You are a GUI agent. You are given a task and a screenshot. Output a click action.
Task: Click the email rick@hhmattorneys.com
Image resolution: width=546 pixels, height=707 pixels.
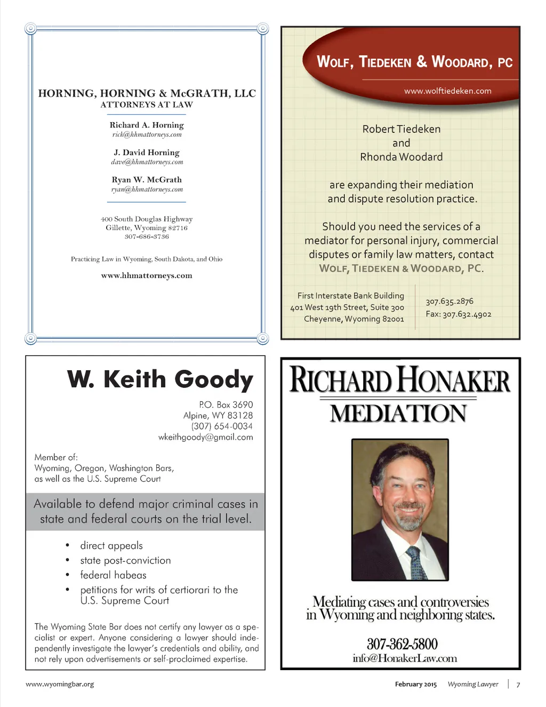[147, 135]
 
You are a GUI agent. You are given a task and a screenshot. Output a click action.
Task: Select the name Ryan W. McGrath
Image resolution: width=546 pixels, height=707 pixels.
[147, 180]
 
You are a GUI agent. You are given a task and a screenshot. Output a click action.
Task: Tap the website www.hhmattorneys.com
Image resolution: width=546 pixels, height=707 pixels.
[147, 276]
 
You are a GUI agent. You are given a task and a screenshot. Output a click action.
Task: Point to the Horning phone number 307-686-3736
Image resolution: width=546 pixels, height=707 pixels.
[147, 236]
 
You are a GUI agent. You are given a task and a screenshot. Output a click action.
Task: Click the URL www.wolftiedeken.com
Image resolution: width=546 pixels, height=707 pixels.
[447, 91]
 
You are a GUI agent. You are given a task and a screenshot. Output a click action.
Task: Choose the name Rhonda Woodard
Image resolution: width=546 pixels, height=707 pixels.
[401, 157]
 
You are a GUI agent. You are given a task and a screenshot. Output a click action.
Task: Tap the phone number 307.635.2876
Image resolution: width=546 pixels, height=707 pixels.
[449, 301]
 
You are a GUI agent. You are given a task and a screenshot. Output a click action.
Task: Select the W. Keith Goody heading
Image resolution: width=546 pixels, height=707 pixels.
[160, 379]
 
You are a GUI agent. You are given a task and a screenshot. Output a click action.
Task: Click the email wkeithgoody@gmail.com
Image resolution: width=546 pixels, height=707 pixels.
[205, 437]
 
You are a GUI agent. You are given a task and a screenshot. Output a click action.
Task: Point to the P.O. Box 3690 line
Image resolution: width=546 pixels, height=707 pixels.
[226, 404]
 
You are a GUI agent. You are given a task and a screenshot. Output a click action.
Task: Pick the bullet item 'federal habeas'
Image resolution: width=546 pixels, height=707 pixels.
[113, 575]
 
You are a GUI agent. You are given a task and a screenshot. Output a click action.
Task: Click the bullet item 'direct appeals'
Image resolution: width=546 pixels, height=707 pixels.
[111, 545]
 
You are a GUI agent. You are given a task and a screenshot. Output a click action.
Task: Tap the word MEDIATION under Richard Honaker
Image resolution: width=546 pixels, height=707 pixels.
[398, 414]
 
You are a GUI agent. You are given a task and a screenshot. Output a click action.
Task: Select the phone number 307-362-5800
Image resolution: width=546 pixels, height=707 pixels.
[402, 644]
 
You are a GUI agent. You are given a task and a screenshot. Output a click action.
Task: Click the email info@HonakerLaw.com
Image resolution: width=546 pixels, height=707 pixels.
[405, 658]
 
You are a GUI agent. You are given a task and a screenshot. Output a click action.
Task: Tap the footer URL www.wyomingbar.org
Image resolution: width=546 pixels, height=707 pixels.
[60, 684]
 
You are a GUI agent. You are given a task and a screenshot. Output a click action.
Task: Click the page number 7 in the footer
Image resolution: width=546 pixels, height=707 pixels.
[518, 685]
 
